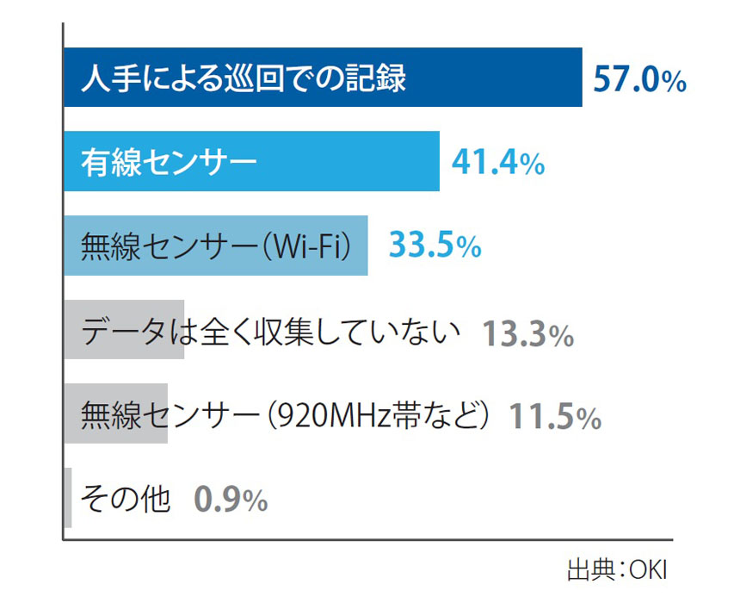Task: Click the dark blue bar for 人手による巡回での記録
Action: click(499, 78)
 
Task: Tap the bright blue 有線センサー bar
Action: click(344, 161)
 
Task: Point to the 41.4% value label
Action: click(498, 162)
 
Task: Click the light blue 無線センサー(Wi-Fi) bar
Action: click(215, 246)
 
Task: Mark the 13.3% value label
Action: click(527, 333)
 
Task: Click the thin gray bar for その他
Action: click(68, 498)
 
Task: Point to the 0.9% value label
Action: click(231, 499)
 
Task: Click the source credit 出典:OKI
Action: click(616, 570)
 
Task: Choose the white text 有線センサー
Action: click(169, 161)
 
